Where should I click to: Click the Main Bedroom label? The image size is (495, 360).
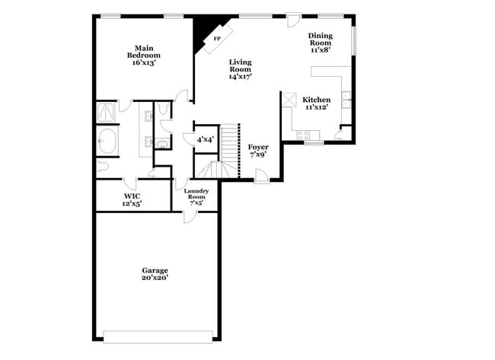tap(144, 56)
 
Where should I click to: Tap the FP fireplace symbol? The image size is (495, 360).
tap(218, 39)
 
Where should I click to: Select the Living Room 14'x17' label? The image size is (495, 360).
tap(240, 69)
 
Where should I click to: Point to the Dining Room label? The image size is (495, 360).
tap(321, 39)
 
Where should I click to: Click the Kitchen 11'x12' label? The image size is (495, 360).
tap(316, 104)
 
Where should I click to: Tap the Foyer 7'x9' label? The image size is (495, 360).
tap(258, 151)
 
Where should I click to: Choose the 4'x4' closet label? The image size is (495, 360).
tap(206, 139)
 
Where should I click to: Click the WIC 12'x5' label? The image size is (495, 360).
tap(132, 200)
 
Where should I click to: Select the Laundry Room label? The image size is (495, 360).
tap(196, 194)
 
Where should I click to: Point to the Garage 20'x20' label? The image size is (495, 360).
tap(155, 274)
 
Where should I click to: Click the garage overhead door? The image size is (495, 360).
tap(158, 336)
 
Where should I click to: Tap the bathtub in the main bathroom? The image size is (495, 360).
tap(107, 140)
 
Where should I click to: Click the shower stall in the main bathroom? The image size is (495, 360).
tap(106, 112)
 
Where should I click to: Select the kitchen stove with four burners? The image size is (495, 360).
tap(303, 135)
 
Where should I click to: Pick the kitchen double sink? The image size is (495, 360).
tap(346, 100)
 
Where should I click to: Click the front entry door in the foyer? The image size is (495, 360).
tap(262, 177)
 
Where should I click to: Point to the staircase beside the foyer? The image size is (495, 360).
tap(229, 151)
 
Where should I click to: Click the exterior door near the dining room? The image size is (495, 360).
tap(294, 21)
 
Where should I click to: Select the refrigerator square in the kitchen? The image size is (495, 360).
tap(289, 100)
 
